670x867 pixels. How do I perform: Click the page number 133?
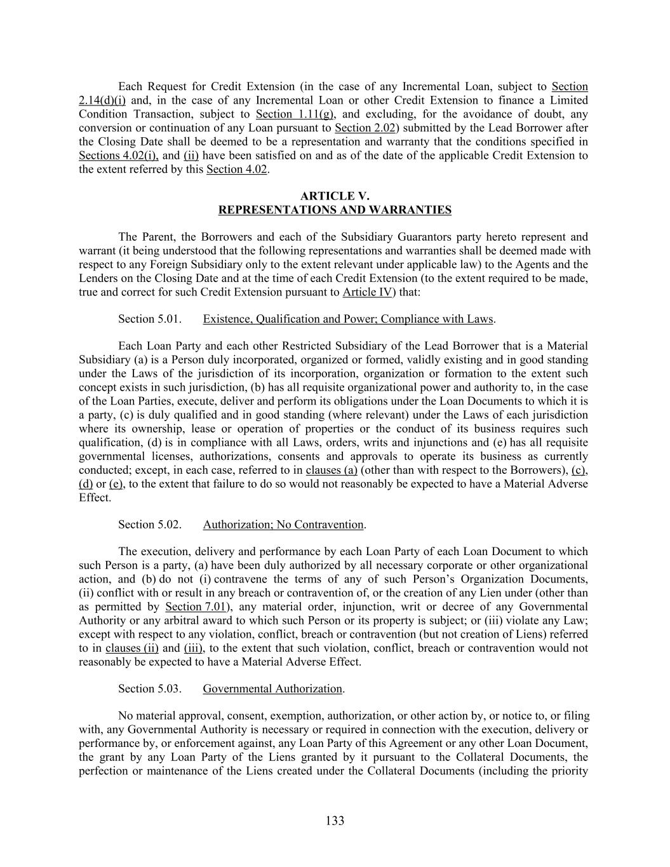point(335,821)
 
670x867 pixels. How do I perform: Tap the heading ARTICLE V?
point(335,196)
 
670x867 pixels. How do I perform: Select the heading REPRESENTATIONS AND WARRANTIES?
point(335,210)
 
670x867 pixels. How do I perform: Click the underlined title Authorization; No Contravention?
point(283,525)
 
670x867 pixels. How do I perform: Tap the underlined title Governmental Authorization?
point(272,689)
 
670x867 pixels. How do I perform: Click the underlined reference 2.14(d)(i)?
point(102,100)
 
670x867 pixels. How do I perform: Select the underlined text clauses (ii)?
point(132,648)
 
